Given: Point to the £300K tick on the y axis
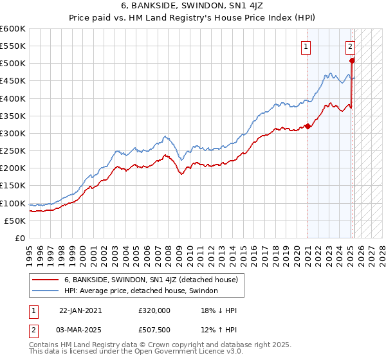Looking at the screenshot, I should [13, 133].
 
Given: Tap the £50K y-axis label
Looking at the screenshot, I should [15, 221].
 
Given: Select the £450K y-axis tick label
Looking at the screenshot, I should [13, 81].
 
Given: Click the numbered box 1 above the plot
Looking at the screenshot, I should [306, 46].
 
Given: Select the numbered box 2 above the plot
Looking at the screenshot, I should [350, 46].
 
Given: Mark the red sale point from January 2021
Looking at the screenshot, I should [308, 126].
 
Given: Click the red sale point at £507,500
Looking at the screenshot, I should [352, 61].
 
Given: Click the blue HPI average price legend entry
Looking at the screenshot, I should [141, 291].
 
